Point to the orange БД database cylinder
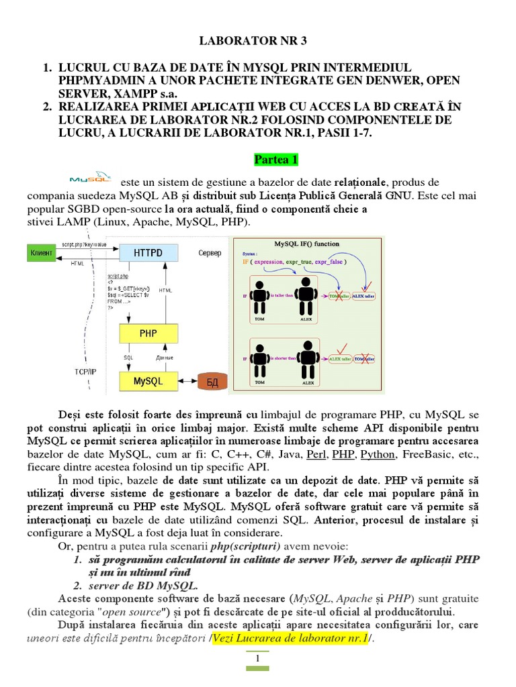coord(213,382)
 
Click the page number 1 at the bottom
coord(257,659)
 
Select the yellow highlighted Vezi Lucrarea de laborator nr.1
coord(289,638)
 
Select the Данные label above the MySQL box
coord(164,358)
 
